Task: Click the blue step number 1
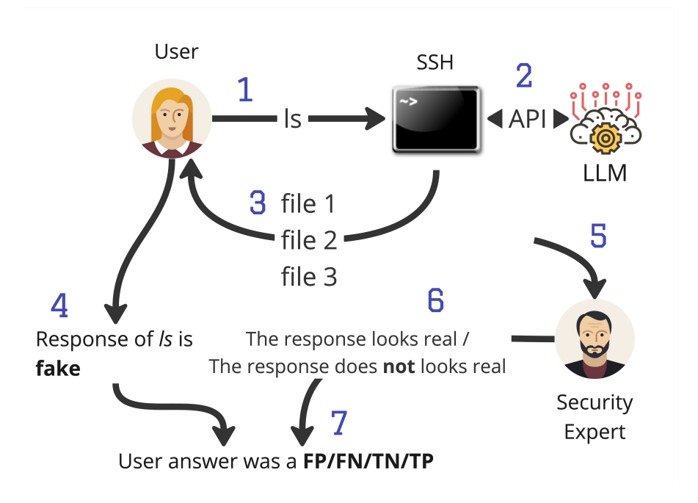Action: tap(245, 90)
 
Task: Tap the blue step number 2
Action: tap(524, 76)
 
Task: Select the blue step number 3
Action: tap(258, 203)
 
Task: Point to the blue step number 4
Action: tap(59, 305)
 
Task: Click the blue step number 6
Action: tap(436, 300)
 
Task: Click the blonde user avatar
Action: tap(172, 119)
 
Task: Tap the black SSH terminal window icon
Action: tap(435, 120)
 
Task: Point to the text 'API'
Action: tap(528, 119)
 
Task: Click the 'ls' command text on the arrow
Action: tap(292, 119)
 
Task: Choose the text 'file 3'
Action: tap(309, 277)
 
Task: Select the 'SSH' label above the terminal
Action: tap(435, 62)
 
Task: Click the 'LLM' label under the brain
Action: tap(605, 175)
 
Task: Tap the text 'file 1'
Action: tap(308, 203)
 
